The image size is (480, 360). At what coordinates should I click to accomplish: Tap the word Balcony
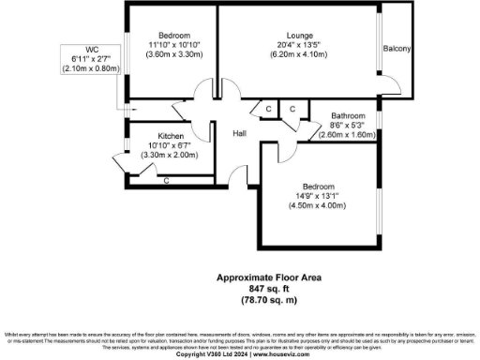tap(397, 49)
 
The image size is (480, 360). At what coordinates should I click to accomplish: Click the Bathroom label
tap(352, 116)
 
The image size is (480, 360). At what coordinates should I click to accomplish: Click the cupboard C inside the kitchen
tap(166, 179)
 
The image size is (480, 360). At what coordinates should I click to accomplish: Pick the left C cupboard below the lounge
tap(268, 110)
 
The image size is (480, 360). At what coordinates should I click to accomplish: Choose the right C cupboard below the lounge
tap(292, 110)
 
